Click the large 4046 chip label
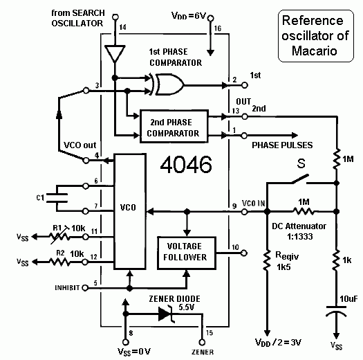(x=186, y=165)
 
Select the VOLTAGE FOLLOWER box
(x=187, y=253)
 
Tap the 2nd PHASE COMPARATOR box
(x=174, y=126)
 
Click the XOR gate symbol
(x=167, y=84)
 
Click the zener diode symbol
(x=166, y=314)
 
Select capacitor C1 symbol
(x=57, y=198)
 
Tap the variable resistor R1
(x=59, y=237)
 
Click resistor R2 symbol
(x=59, y=262)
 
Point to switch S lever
(x=300, y=179)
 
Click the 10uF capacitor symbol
(x=336, y=312)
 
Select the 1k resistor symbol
(x=336, y=260)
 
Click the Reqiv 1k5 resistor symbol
(x=267, y=260)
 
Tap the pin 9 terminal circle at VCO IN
(x=245, y=212)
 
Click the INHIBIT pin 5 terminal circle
(x=85, y=288)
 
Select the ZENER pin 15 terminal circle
(x=202, y=342)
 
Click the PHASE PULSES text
(x=282, y=145)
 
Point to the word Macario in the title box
(x=315, y=51)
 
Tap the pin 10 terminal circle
(x=243, y=253)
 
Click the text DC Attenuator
(x=299, y=226)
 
